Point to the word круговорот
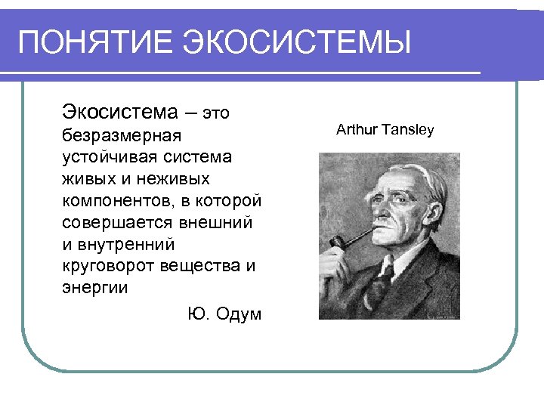pyautogui.click(x=110, y=267)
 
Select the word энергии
pyautogui.click(x=95, y=289)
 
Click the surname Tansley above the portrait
pyautogui.click(x=408, y=130)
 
